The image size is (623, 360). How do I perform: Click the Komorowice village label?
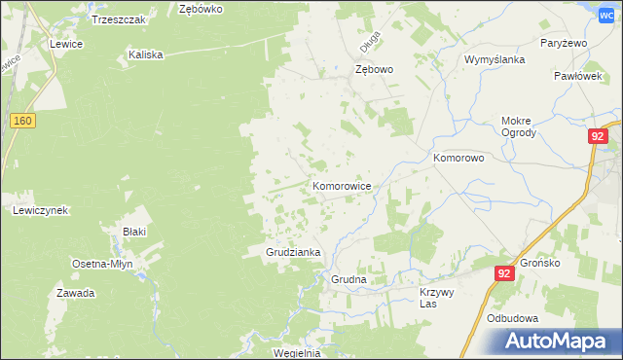(x=341, y=185)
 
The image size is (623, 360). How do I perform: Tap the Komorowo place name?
(x=458, y=157)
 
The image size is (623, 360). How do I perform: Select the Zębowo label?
(x=374, y=70)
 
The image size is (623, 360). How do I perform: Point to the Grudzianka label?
(x=294, y=252)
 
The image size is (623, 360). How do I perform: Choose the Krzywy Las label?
(x=437, y=298)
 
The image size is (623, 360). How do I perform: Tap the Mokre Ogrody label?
(x=518, y=127)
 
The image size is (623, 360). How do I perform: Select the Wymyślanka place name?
(x=495, y=59)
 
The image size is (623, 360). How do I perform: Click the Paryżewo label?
(x=562, y=44)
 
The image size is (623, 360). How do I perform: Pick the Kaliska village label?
(x=145, y=55)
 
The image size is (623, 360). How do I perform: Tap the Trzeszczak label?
(x=118, y=19)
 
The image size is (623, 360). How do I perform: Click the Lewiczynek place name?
(x=39, y=210)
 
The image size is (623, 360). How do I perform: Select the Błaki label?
(x=133, y=232)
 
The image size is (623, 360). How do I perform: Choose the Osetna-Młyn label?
(x=102, y=264)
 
